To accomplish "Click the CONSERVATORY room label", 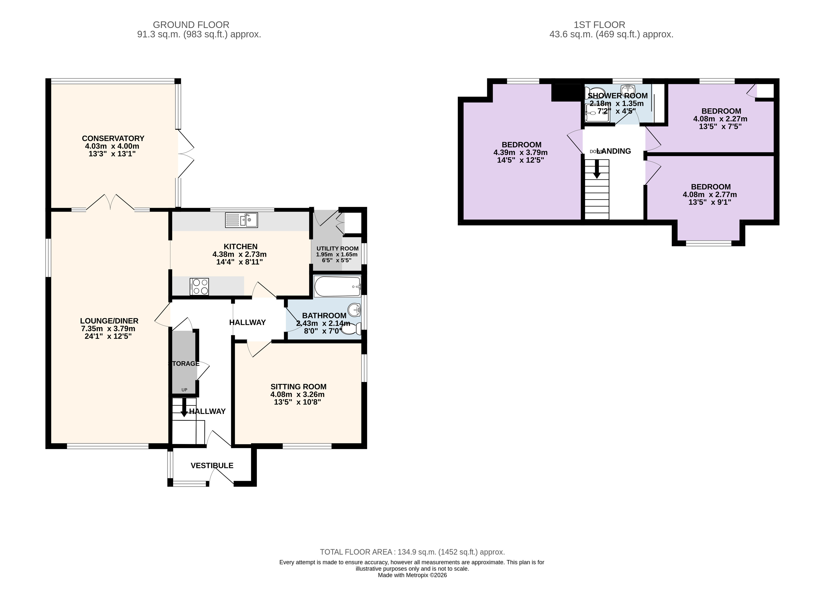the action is pyautogui.click(x=113, y=138).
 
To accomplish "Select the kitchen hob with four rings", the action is pyautogui.click(x=199, y=287).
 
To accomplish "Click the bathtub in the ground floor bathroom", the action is pyautogui.click(x=337, y=287).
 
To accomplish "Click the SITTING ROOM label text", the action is pyautogui.click(x=298, y=387).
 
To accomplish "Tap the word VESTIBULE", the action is pyautogui.click(x=212, y=466).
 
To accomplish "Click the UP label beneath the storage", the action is pyautogui.click(x=184, y=390).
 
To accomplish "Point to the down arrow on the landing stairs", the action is pyautogui.click(x=597, y=169).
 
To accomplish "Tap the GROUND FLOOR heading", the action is pyautogui.click(x=191, y=25).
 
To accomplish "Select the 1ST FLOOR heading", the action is pyautogui.click(x=599, y=25).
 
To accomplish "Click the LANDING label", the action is pyautogui.click(x=615, y=151).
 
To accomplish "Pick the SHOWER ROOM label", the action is pyautogui.click(x=618, y=96).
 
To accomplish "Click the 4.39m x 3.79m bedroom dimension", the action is pyautogui.click(x=521, y=153).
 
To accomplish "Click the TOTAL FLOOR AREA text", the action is pyautogui.click(x=413, y=552).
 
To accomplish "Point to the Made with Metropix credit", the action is pyautogui.click(x=413, y=575).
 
